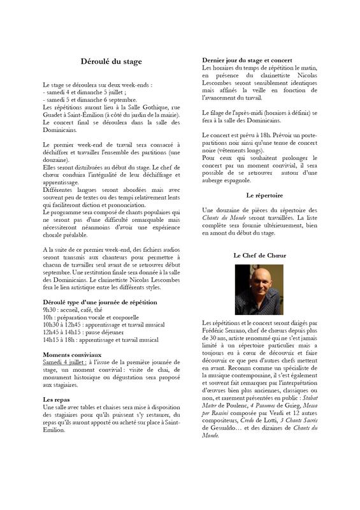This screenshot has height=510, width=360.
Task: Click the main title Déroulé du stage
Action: tap(111, 62)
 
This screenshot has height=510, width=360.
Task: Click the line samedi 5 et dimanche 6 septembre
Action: tap(90, 100)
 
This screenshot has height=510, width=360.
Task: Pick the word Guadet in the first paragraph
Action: tap(55, 115)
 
